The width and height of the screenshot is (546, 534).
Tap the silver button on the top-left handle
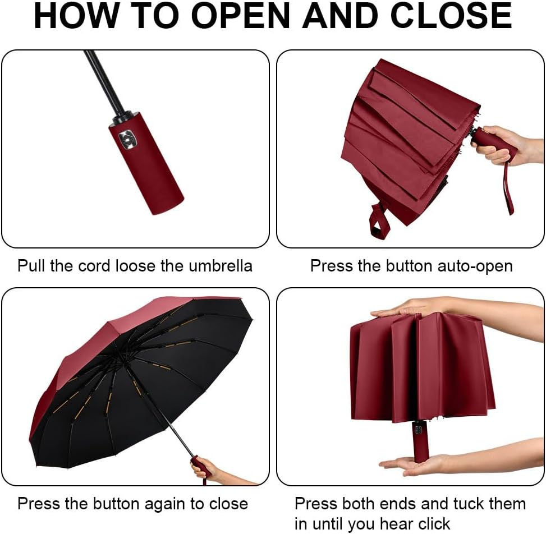(x=128, y=137)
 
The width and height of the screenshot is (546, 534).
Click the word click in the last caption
(x=430, y=524)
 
